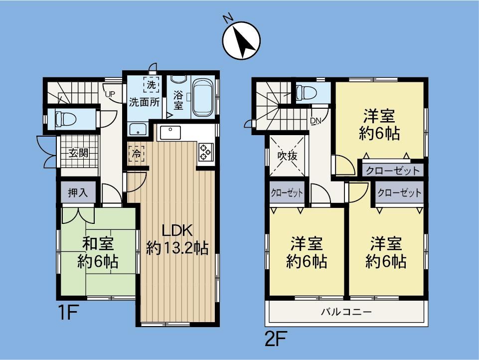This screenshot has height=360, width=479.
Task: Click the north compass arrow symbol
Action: click(x=242, y=40)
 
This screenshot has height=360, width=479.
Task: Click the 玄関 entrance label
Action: click(x=78, y=153)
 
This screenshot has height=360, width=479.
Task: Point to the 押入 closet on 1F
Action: click(x=78, y=192)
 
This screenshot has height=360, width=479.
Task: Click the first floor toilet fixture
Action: click(x=65, y=119)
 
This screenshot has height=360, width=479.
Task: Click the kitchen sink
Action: click(x=168, y=133)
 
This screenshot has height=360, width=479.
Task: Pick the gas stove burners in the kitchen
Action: click(x=205, y=152)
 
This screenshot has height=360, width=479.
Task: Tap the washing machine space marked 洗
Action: click(x=151, y=84)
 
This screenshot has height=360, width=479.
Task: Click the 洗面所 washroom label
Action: click(x=144, y=102)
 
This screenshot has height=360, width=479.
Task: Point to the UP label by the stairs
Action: click(x=110, y=94)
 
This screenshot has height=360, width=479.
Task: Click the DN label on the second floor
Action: click(x=316, y=121)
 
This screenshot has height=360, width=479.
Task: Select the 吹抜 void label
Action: click(x=287, y=156)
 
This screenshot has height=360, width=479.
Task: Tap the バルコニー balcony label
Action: click(x=346, y=312)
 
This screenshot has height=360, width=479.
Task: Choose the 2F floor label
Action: click(x=275, y=339)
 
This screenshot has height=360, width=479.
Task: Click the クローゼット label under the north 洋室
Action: click(x=393, y=171)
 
